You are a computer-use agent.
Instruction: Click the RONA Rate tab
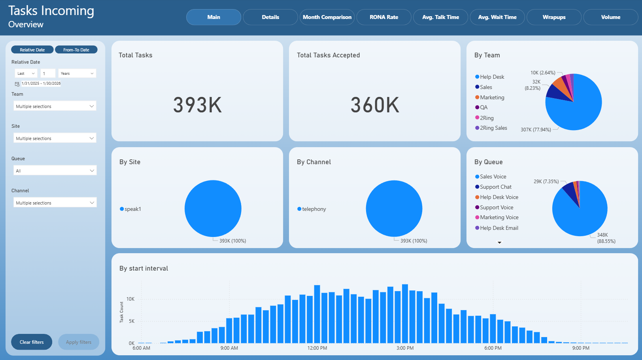tap(384, 17)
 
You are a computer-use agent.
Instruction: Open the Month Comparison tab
tap(327, 17)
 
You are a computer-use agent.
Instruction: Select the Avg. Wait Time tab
tap(497, 17)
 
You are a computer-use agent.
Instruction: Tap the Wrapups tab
tap(554, 17)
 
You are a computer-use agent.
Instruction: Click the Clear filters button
tap(32, 342)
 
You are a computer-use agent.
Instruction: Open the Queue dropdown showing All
tap(55, 171)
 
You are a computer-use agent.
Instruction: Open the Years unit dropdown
tap(77, 74)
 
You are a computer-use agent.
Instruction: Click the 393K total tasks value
tap(197, 105)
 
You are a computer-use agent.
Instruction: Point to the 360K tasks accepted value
tap(375, 105)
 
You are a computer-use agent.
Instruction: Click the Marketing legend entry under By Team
tap(489, 98)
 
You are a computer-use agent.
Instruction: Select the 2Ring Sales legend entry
tap(491, 128)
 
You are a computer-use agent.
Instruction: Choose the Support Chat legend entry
tap(493, 187)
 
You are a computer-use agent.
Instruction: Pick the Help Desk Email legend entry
tap(497, 228)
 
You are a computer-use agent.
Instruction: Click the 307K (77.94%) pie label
tap(536, 130)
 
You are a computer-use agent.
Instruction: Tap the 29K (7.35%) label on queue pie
tap(546, 182)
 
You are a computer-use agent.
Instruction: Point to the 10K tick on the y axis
tap(130, 299)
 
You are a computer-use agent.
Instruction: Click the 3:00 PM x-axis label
tap(405, 348)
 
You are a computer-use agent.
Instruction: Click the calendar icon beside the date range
tap(17, 84)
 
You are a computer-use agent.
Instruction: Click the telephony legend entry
tap(312, 209)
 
